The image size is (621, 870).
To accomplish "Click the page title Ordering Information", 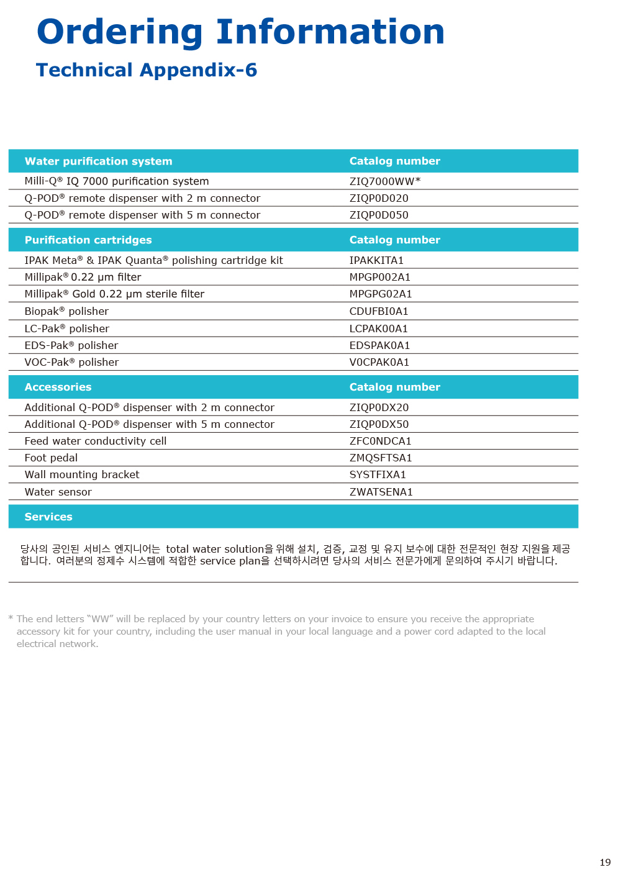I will point(240,32).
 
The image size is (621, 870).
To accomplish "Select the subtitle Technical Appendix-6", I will point(147,70).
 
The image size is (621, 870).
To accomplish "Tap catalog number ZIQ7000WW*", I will point(385,181).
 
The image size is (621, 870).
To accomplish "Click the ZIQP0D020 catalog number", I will point(379,198).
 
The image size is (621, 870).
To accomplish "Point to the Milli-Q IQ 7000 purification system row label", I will point(117,181).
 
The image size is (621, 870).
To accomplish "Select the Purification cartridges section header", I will point(88,240).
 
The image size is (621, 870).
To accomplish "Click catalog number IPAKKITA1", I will point(376,260).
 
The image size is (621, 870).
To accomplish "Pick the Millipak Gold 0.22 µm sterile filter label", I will point(114,294).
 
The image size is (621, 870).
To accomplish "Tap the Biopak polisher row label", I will point(66,311).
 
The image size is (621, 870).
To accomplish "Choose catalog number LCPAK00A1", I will point(378,329).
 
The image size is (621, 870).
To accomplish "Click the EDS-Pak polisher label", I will point(71,345).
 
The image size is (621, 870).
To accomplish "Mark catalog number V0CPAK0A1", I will point(379,362).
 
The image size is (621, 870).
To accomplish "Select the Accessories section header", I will point(58,387).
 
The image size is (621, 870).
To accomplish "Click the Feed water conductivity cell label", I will point(96,441).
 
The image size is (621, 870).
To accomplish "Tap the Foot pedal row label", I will point(51,458).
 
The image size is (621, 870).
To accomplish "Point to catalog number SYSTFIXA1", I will point(378,474).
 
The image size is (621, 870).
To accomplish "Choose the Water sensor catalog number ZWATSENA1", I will point(381,492).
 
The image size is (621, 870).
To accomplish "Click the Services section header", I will point(48,517).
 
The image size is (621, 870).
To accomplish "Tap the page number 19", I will point(605,862).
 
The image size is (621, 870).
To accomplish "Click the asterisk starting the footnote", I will point(11,618).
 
